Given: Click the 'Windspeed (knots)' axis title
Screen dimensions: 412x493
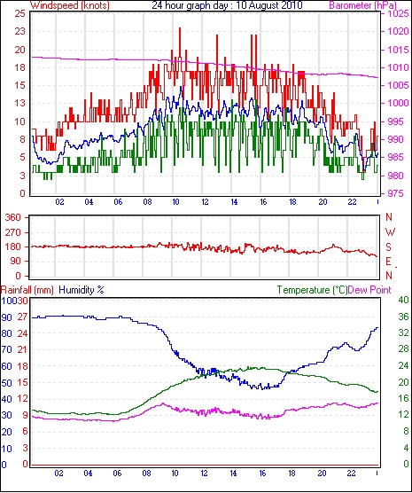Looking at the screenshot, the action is [x=70, y=5].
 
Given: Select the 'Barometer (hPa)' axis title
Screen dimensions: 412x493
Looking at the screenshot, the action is [x=362, y=5].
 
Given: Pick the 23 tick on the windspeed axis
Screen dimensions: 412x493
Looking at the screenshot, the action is [x=20, y=31].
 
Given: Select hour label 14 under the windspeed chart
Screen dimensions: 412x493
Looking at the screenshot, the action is [x=234, y=202].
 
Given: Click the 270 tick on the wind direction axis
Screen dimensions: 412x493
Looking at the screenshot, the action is [x=13, y=232].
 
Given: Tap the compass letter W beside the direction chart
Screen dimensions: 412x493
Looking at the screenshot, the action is [x=390, y=232].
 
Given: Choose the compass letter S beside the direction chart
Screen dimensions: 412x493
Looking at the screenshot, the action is [x=389, y=247].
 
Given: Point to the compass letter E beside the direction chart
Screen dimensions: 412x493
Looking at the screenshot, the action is [x=388, y=262].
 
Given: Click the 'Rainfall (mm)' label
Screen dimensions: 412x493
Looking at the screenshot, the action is [x=27, y=290].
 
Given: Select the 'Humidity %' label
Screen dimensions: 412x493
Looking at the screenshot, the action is [x=82, y=290].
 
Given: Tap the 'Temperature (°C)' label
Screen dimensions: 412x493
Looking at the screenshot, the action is [x=312, y=290].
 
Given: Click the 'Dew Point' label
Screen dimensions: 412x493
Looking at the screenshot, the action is [x=369, y=290].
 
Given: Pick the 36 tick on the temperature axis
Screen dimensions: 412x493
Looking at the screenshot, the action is [x=403, y=317].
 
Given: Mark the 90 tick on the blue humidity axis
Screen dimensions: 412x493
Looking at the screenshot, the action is [x=6, y=317].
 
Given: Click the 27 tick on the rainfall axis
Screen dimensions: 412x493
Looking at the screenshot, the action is [x=23, y=317].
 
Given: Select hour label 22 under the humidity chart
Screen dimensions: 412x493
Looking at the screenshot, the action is [x=351, y=473].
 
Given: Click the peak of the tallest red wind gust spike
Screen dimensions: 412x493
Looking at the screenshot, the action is [x=180, y=28].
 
